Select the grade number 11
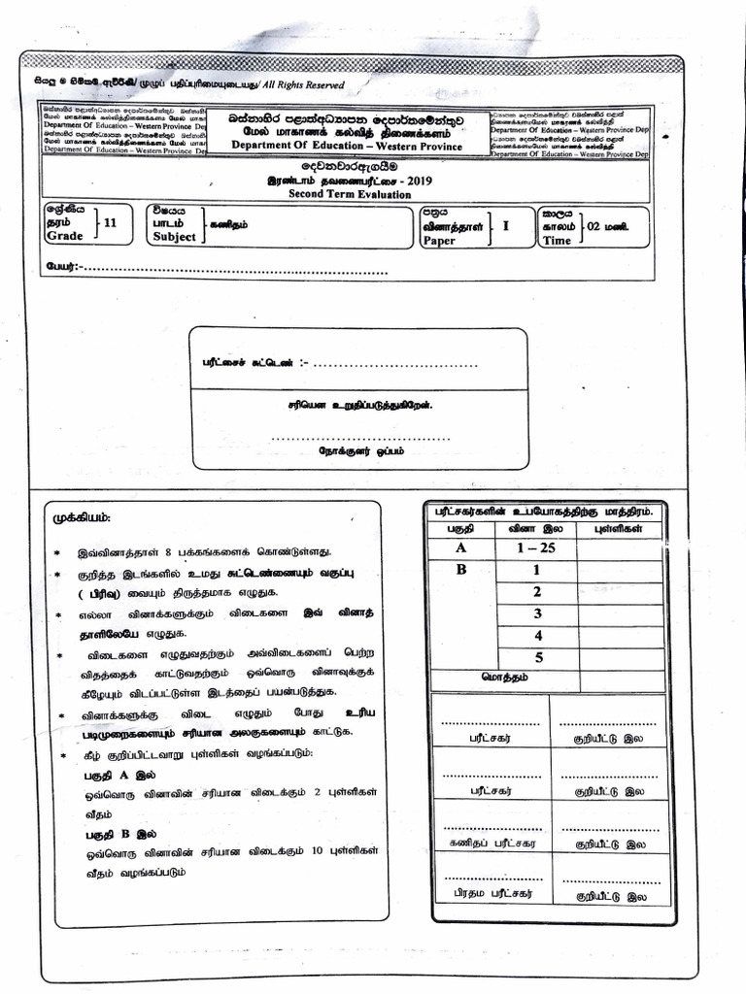click(x=109, y=222)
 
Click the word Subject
click(x=174, y=237)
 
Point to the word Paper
click(x=439, y=241)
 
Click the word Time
click(x=557, y=241)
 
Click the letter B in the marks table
click(x=461, y=570)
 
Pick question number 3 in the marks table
click(x=536, y=613)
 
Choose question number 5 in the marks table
click(x=536, y=656)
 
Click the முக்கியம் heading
click(x=82, y=516)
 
